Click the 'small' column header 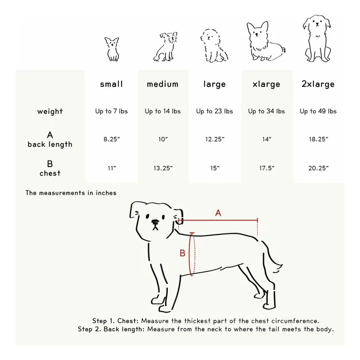click(111, 84)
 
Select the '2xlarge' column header click(318, 84)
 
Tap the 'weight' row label click(50, 111)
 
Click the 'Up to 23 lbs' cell click(214, 111)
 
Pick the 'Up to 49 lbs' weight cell click(318, 111)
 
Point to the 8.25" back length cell click(111, 139)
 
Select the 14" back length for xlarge click(267, 139)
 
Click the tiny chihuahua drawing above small click(112, 49)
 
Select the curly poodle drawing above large click(215, 46)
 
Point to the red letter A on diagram click(218, 213)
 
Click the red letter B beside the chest click(182, 253)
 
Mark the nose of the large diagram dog click(155, 223)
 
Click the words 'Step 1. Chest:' click(115, 321)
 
